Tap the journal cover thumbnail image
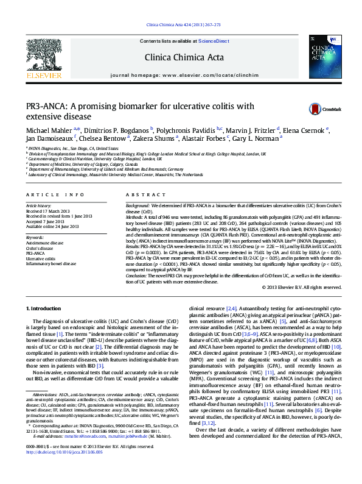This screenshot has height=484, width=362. pyautogui.click(x=325, y=57)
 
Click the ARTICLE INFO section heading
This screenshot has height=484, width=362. pyautogui.click(x=55, y=194)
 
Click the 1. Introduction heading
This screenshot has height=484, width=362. pyautogui.click(x=44, y=310)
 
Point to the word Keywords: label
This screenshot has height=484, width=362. pyautogui.click(x=35, y=237)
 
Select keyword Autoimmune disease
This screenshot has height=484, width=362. pyautogui.click(x=44, y=243)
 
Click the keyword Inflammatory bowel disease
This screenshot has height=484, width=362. pyautogui.click(x=51, y=264)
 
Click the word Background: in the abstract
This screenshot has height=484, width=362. pyautogui.click(x=137, y=207)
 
